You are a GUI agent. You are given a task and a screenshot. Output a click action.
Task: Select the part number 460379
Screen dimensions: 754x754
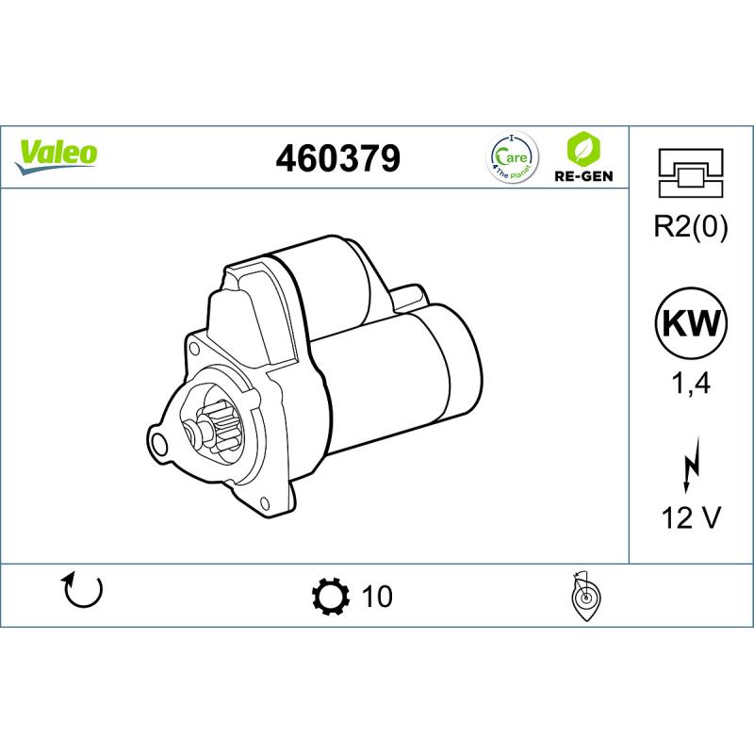click(x=337, y=158)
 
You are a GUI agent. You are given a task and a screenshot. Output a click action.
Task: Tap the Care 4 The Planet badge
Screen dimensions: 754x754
click(x=512, y=157)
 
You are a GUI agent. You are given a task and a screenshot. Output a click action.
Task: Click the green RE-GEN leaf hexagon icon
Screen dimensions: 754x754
click(x=583, y=148)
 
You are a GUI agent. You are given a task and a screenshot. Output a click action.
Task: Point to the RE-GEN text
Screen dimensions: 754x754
click(x=583, y=176)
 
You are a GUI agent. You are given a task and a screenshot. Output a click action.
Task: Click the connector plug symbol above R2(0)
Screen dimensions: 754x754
click(x=691, y=172)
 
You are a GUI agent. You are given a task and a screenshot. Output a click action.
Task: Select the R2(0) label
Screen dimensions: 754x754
click(x=691, y=226)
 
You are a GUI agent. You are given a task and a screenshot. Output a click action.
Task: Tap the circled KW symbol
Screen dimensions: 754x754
click(x=692, y=322)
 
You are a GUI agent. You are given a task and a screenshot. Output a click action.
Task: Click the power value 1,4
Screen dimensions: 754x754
click(x=691, y=384)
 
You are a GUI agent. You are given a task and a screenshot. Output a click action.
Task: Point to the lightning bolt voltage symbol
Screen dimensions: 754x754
click(x=690, y=465)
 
